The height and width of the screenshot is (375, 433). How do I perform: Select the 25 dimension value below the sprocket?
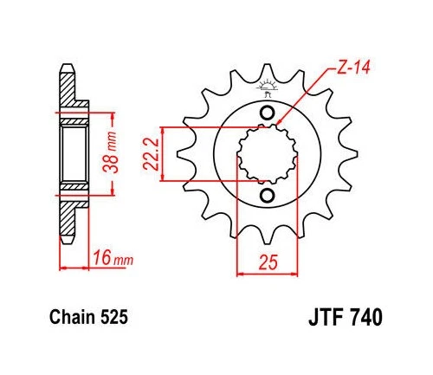tap(267, 259)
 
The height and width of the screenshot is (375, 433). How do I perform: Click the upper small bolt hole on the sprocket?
tap(267, 115)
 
